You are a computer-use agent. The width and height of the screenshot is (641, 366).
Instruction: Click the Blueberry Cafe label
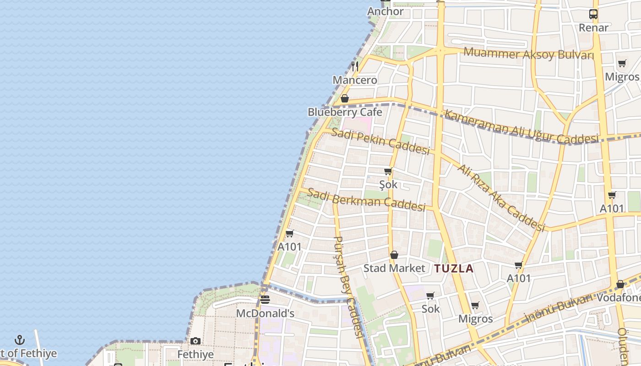345,112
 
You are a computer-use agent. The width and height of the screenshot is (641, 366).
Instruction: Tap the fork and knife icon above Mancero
355,66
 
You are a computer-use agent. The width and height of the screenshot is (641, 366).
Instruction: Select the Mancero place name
355,80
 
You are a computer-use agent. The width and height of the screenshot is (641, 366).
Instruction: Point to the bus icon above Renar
593,14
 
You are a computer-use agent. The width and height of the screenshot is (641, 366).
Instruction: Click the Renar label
593,27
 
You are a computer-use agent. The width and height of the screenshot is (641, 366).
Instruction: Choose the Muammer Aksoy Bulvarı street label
528,54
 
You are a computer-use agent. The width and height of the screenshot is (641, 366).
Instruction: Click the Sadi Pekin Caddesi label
380,141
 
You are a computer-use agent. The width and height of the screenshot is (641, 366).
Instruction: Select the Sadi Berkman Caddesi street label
366,199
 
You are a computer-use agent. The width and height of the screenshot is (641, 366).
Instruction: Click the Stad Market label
394,268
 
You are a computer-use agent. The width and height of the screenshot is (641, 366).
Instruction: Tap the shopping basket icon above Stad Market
394,255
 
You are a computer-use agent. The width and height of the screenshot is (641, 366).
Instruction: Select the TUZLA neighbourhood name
454,269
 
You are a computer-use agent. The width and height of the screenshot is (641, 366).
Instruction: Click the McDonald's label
265,313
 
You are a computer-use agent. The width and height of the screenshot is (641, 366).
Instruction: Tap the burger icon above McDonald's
265,300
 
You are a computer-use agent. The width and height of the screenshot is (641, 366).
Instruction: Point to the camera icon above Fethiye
196,341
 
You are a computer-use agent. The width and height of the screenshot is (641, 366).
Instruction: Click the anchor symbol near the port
19,340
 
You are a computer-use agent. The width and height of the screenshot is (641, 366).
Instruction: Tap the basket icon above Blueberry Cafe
345,98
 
